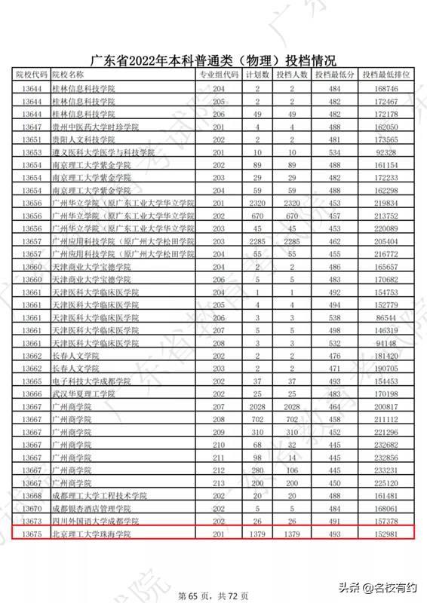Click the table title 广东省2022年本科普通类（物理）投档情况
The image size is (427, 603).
pyautogui.click(x=213, y=61)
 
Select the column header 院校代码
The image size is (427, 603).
pyautogui.click(x=31, y=75)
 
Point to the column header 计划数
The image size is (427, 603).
pyautogui.click(x=259, y=75)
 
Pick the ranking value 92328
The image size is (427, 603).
pyautogui.click(x=386, y=152)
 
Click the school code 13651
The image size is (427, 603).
pyautogui.click(x=31, y=139)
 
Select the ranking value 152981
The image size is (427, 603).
pyautogui.click(x=386, y=534)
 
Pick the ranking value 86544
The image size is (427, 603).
pyautogui.click(x=386, y=318)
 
